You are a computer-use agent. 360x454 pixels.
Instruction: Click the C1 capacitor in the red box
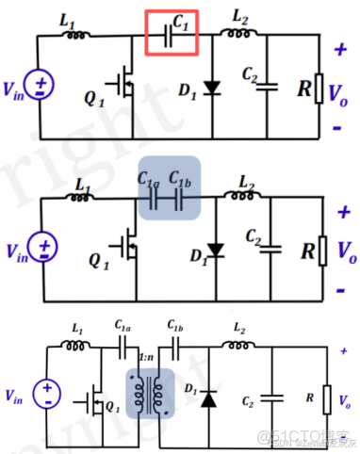point(171,35)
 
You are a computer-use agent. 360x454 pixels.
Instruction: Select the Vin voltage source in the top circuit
point(41,89)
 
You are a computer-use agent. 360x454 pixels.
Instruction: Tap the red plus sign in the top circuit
point(340,43)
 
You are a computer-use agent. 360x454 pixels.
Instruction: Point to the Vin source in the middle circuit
point(41,247)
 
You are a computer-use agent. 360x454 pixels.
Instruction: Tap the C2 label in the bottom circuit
point(248,400)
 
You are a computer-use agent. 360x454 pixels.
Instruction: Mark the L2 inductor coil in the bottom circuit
point(233,343)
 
